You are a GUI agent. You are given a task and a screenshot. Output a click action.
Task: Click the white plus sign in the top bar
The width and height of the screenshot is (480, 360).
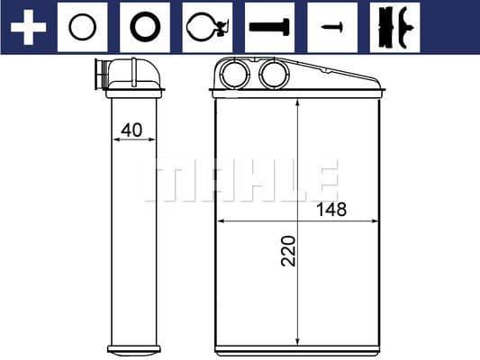[x=27, y=27]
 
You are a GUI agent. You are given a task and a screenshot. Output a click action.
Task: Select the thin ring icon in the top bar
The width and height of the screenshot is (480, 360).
[x=82, y=27]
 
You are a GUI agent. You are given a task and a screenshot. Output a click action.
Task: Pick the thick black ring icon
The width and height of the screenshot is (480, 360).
[x=144, y=27]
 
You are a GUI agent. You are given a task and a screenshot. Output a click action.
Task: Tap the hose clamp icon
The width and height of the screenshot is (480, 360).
[x=206, y=27]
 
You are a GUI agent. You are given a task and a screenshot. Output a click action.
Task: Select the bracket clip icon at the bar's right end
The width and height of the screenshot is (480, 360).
[x=394, y=27]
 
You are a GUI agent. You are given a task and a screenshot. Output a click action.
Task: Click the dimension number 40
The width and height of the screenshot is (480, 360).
[x=132, y=129]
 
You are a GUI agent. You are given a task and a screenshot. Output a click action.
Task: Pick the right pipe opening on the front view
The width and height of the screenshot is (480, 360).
[x=271, y=75]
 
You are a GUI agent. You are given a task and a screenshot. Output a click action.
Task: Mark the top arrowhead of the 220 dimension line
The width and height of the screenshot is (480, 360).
[x=298, y=101]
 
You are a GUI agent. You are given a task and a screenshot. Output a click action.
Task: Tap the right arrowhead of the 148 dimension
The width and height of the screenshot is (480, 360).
[x=376, y=220]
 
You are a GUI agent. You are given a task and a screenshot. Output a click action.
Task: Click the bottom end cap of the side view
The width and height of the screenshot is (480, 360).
[x=133, y=349]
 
